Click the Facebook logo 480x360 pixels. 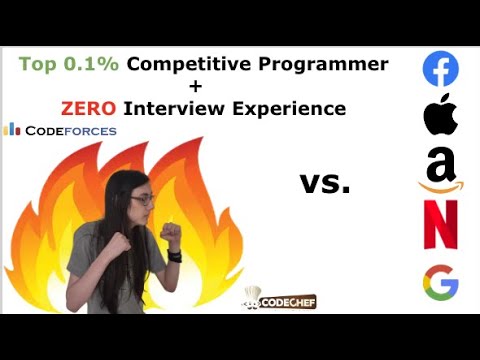point(440,69)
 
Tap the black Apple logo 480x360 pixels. point(440,116)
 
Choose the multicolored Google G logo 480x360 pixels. point(440,283)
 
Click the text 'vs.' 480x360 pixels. point(325,183)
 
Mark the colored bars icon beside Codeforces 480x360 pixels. point(13,129)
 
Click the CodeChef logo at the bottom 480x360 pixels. point(267,300)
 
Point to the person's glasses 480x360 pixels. point(142,200)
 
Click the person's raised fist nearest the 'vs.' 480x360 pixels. point(171,233)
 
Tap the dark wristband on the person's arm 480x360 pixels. point(175,255)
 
